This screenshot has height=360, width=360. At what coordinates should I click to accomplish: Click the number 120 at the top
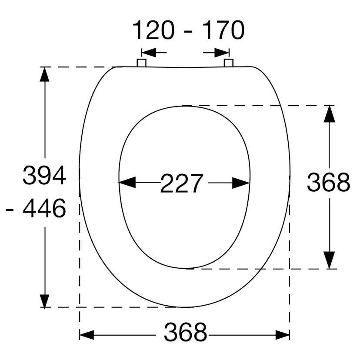(153, 30)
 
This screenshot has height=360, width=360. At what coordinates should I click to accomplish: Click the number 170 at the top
(223, 30)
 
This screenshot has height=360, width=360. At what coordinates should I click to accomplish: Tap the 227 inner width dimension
(182, 183)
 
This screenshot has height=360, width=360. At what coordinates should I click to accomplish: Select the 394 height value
(44, 175)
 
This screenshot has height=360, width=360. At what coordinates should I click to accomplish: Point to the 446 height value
(44, 208)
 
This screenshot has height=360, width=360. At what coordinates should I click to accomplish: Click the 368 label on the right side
(329, 182)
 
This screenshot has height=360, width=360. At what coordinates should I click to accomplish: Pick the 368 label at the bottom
(185, 332)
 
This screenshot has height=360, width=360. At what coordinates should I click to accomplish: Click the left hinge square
(141, 63)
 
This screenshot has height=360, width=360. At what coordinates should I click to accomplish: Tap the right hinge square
(229, 63)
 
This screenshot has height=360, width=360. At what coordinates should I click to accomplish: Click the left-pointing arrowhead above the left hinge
(149, 53)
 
